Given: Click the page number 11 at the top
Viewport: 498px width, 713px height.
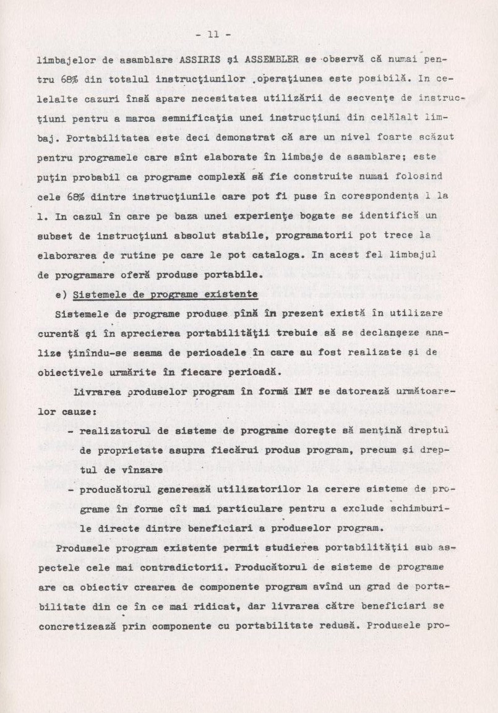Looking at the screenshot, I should pyautogui.click(x=213, y=35).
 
